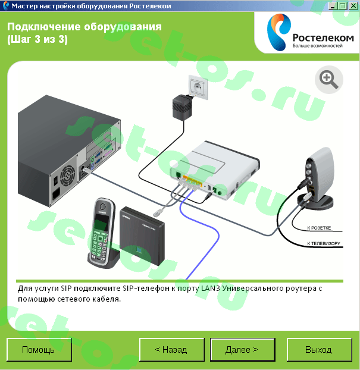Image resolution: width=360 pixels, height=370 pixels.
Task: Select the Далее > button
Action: (243, 349)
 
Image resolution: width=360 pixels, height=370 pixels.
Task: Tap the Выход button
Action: (320, 349)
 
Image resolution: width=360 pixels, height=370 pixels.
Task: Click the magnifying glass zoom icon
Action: (329, 80)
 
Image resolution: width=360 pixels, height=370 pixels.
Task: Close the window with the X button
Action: (353, 6)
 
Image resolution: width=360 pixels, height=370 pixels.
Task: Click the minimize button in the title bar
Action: (333, 6)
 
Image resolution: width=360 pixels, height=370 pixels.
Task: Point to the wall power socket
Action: (198, 87)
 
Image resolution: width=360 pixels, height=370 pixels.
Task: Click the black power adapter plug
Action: (182, 107)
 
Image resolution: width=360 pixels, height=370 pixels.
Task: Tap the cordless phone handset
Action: (102, 233)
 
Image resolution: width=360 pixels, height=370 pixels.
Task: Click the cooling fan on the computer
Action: (68, 175)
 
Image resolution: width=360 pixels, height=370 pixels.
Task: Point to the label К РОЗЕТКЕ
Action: (319, 228)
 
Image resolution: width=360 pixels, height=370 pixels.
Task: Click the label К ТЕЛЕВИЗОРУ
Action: (324, 243)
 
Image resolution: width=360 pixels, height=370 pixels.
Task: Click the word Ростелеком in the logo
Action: (323, 38)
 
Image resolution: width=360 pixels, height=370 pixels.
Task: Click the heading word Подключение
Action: (44, 27)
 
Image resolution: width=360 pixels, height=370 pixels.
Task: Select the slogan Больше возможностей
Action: (318, 46)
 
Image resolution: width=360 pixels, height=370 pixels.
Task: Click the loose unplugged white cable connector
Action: (157, 213)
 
